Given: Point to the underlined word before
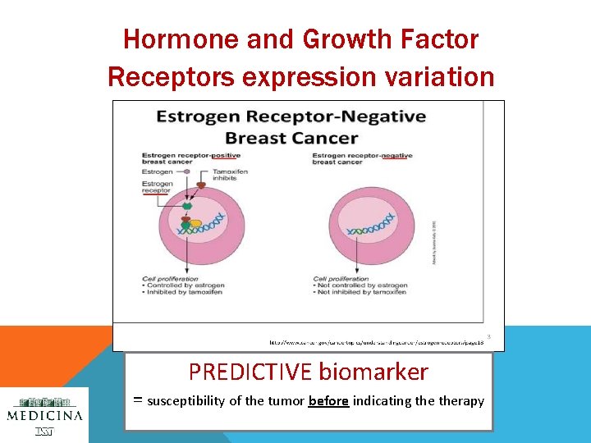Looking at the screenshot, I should (x=328, y=401).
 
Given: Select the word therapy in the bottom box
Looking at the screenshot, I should (x=461, y=401).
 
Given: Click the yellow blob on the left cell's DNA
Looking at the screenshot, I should (x=195, y=222).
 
